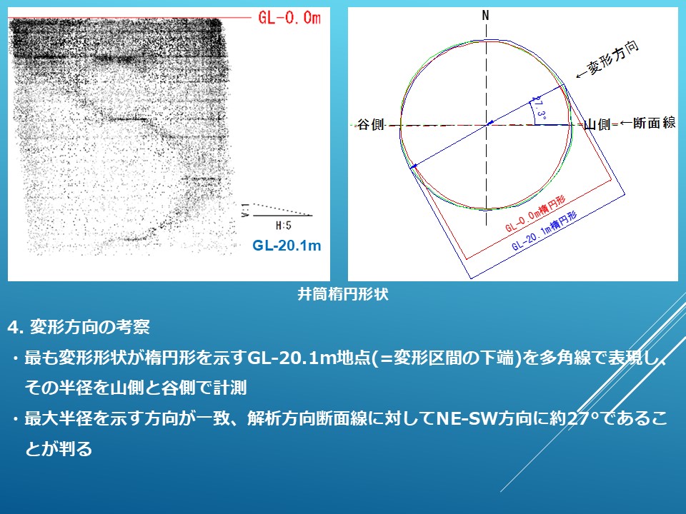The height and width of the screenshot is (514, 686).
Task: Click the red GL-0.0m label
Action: pos(289,17)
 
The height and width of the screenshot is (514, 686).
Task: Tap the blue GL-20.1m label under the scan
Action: pos(287,245)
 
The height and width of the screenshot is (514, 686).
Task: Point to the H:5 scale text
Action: pos(284,226)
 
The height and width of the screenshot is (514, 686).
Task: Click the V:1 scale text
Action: pos(245,210)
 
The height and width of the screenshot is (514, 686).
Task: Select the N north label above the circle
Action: pos(485,16)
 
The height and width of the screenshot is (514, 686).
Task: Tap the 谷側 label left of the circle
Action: pos(371,125)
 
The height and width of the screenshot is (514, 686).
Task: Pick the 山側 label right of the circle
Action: pos(597,125)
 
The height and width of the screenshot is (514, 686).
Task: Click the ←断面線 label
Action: pos(648,123)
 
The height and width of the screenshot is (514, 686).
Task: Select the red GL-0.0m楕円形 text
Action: pos(535,214)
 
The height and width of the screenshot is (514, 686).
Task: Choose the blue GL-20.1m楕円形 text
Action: pos(545,231)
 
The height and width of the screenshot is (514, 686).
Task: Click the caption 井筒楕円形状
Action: pos(342,294)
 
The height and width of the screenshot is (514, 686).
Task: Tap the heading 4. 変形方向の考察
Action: pos(79,327)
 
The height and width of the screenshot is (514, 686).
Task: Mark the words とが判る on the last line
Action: pos(59,449)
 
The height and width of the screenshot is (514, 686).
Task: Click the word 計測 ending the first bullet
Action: pos(230,388)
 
